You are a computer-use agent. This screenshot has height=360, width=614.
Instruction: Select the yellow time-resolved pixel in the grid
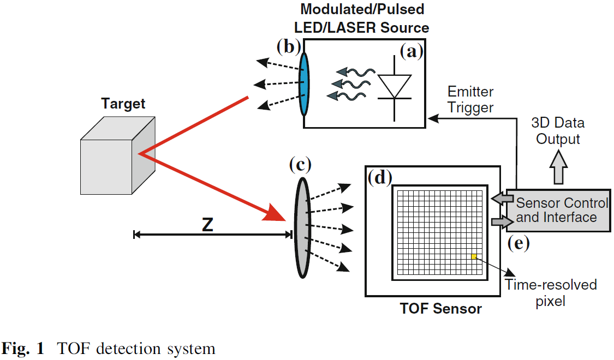[474, 256]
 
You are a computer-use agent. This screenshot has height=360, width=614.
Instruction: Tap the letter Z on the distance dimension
[207, 225]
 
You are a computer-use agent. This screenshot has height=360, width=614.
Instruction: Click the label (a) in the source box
[411, 51]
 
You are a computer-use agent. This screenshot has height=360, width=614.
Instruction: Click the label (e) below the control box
[518, 243]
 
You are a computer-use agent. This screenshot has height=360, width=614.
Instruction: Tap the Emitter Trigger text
[470, 99]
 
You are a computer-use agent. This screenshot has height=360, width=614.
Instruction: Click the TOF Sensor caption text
[440, 309]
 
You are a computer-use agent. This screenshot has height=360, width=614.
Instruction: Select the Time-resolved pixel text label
[550, 292]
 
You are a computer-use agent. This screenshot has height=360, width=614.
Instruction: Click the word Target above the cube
[123, 104]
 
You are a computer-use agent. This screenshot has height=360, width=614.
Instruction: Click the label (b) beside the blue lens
[288, 47]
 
